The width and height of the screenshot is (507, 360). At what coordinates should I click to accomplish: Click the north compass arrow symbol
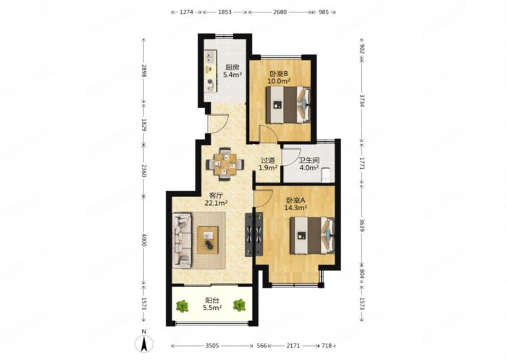(x=143, y=343)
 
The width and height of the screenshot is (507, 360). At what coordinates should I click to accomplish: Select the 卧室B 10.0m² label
(x=278, y=78)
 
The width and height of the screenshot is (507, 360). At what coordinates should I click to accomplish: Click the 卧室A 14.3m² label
(x=296, y=204)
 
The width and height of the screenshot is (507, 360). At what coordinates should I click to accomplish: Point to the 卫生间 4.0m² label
(x=309, y=164)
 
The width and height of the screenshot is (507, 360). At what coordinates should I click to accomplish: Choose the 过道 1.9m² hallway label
(x=268, y=164)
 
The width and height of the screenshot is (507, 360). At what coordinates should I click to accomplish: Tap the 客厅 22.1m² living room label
(x=216, y=199)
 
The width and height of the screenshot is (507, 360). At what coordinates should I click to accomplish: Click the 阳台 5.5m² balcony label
(x=212, y=304)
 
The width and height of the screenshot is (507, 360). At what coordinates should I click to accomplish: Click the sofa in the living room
(x=182, y=240)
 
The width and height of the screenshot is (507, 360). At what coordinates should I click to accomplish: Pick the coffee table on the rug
(x=208, y=240)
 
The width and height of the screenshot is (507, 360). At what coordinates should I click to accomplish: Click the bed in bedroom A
(x=312, y=235)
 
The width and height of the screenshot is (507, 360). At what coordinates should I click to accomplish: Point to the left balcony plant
(x=183, y=306)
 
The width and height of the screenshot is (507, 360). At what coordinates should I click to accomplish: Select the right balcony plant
(x=240, y=305)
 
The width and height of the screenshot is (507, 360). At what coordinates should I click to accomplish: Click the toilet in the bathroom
(x=327, y=175)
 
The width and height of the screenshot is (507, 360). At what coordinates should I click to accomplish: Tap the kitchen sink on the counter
(x=211, y=57)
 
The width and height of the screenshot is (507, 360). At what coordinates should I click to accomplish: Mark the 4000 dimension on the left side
(x=144, y=240)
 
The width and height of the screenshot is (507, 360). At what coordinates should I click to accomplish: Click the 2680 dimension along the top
(x=280, y=12)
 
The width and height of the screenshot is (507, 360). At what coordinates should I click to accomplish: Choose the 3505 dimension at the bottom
(x=212, y=346)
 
